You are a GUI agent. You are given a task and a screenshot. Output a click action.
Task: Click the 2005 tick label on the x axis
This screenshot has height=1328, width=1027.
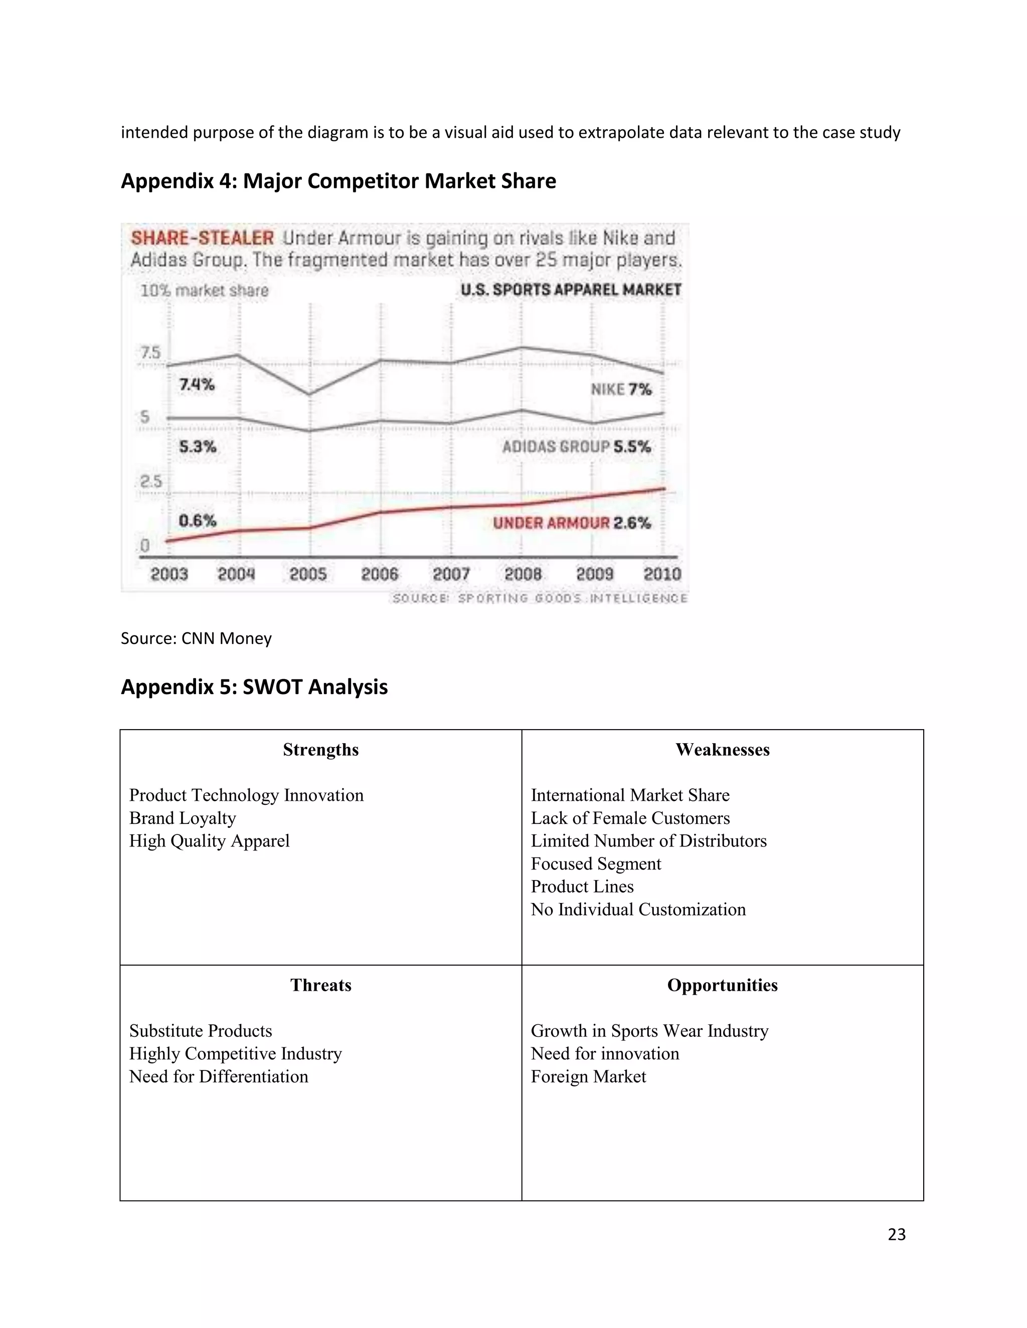coord(308,574)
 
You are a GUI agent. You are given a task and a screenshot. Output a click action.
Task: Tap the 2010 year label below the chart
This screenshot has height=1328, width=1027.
coord(662,574)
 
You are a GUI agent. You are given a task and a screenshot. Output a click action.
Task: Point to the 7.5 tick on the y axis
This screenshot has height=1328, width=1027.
coord(150,353)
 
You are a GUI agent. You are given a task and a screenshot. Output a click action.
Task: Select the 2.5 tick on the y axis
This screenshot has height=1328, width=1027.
coord(151,482)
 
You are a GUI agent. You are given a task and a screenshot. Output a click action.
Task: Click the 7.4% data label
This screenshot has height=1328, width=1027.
coord(197,385)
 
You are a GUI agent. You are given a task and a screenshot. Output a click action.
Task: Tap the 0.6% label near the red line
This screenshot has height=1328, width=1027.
coord(197,521)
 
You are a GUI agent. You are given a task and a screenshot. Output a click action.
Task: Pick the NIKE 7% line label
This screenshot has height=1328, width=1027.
coord(621,389)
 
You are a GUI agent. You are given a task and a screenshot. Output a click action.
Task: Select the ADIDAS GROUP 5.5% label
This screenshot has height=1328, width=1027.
coord(576,447)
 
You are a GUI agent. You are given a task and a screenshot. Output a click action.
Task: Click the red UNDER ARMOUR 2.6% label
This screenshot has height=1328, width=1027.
coord(571,523)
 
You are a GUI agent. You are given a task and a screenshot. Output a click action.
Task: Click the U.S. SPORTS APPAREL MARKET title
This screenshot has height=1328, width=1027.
coord(571,290)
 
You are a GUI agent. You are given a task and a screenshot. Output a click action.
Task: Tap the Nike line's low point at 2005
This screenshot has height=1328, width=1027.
coord(310,394)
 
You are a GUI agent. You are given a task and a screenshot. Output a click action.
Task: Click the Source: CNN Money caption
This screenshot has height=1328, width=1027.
coord(196,638)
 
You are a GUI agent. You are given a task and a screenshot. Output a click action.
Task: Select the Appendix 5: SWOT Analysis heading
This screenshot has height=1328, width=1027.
coord(254,687)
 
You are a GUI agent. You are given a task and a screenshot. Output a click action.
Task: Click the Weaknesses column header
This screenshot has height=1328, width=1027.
coord(722,750)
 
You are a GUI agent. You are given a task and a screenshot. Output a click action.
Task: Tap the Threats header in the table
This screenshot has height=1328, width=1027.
coord(320,985)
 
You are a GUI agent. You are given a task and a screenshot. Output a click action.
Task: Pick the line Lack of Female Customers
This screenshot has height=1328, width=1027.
coord(630,818)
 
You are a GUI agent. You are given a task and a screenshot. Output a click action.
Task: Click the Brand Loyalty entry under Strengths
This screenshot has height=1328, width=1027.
coord(182,818)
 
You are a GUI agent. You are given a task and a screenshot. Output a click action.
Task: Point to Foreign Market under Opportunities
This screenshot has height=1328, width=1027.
coord(588,1076)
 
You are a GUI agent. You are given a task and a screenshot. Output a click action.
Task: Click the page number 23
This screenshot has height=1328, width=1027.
coord(896,1234)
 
